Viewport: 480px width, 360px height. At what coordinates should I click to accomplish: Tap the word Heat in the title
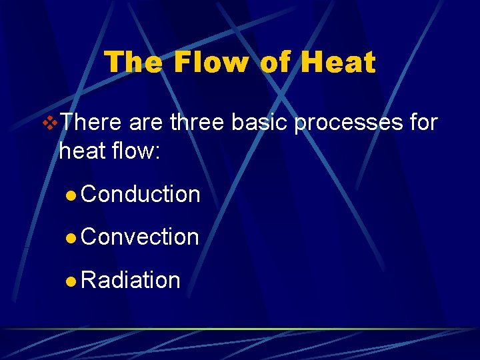(338, 63)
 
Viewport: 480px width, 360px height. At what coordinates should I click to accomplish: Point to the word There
(92, 123)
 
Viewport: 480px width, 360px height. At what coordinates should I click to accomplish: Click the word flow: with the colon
(136, 151)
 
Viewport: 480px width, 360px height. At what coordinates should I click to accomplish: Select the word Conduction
(141, 194)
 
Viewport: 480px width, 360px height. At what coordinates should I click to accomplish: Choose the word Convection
(140, 237)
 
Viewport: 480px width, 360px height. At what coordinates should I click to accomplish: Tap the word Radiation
(131, 280)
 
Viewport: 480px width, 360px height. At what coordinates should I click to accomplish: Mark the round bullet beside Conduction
(71, 195)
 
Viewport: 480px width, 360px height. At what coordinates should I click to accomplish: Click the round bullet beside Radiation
(71, 281)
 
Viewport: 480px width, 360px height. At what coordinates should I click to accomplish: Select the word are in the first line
(145, 123)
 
